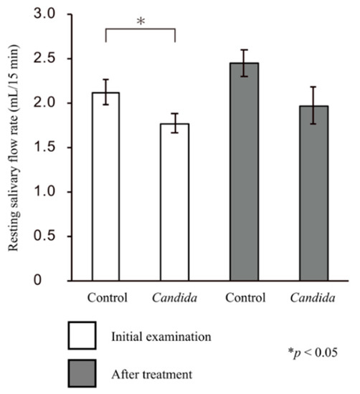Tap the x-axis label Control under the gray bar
click(x=245, y=297)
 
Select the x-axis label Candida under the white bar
click(x=174, y=297)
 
